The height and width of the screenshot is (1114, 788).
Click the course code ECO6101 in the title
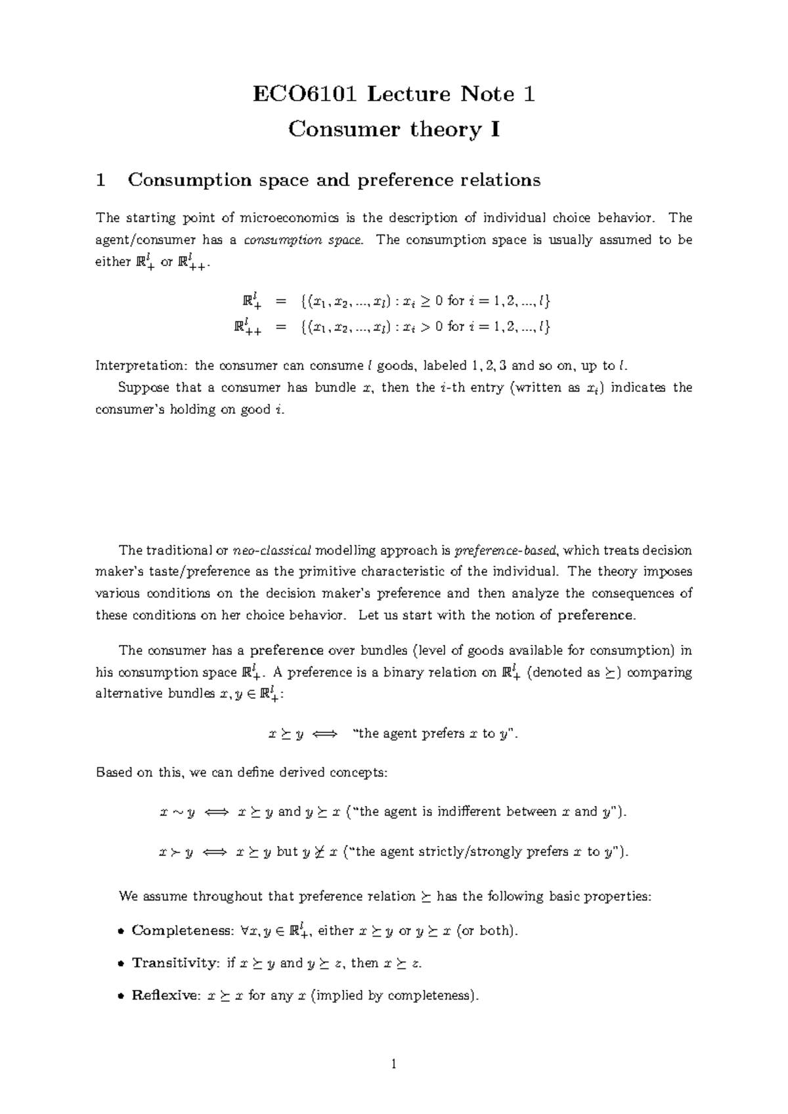point(305,95)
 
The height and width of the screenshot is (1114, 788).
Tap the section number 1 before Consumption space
point(100,180)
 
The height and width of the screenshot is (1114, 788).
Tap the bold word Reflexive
point(165,996)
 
